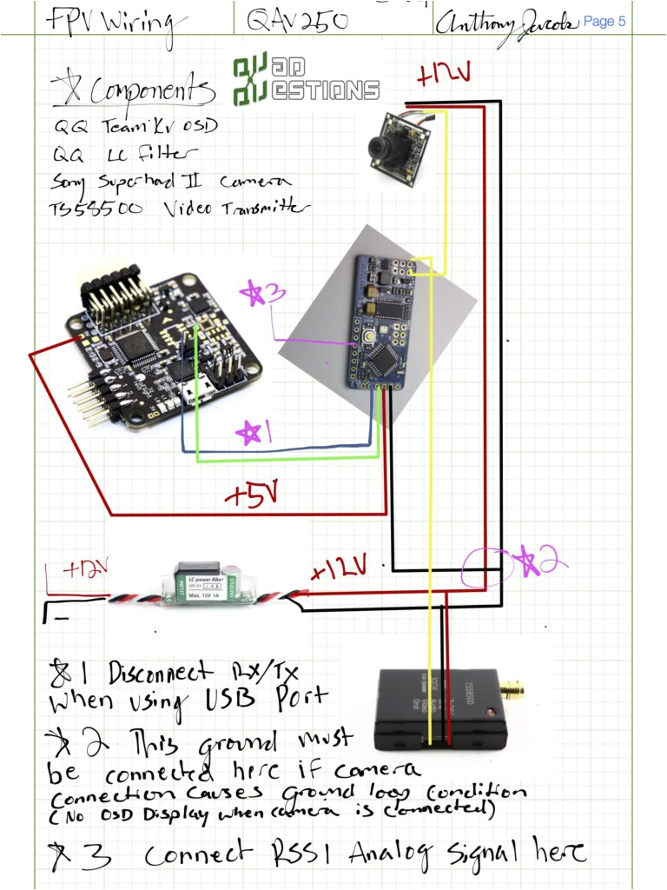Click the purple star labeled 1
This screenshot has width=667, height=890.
[x=252, y=432]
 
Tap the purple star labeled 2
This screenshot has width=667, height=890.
[x=537, y=562]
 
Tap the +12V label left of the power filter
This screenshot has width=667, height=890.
[x=83, y=570]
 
